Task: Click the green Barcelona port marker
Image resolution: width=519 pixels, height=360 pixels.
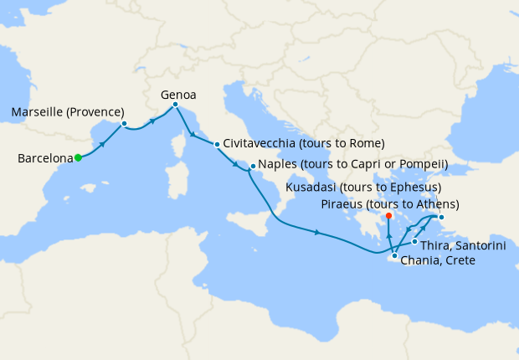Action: click(x=77, y=157)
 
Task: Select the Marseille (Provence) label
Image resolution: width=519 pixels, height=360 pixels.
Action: click(x=68, y=112)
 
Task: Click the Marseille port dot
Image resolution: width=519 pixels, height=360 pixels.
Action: click(x=124, y=124)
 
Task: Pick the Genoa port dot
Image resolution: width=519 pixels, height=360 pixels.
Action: click(x=175, y=105)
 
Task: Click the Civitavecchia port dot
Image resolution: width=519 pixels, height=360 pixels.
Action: click(x=217, y=144)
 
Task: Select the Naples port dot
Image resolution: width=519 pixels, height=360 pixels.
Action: click(x=252, y=167)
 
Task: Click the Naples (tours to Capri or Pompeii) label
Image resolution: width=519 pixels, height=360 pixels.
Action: click(x=353, y=164)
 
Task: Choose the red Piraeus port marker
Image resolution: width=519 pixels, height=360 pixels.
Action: click(x=389, y=216)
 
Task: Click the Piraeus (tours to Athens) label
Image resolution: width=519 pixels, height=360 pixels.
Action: click(x=390, y=204)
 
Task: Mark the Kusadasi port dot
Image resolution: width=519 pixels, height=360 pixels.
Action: click(x=441, y=219)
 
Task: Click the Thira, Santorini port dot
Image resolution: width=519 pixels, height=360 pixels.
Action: click(x=415, y=242)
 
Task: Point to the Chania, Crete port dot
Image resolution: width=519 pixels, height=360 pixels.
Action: click(x=394, y=255)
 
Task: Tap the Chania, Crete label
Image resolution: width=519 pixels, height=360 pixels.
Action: click(x=438, y=261)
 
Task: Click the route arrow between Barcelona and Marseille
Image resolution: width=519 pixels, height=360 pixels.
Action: click(x=103, y=143)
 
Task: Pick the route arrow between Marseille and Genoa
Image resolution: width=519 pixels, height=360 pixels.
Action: click(x=153, y=121)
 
